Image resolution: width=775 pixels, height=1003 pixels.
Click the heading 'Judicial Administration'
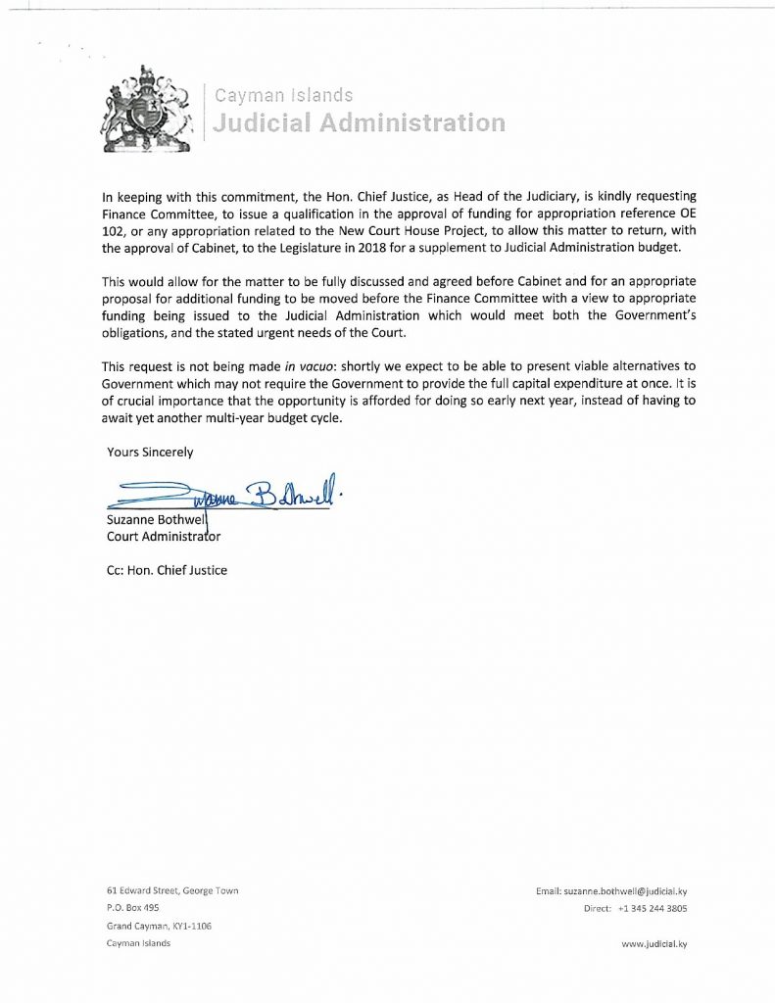(360, 123)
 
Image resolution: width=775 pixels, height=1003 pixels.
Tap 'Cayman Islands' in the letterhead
(283, 96)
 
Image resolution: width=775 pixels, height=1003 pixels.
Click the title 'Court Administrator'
(163, 536)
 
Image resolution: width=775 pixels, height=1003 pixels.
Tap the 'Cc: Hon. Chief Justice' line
(166, 570)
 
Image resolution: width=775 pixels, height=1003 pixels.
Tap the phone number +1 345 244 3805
(653, 908)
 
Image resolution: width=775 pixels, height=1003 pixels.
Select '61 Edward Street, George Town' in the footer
(172, 890)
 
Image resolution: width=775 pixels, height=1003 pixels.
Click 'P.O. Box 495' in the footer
(132, 908)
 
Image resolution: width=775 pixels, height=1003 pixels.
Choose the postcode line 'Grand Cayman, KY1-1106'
(159, 926)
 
